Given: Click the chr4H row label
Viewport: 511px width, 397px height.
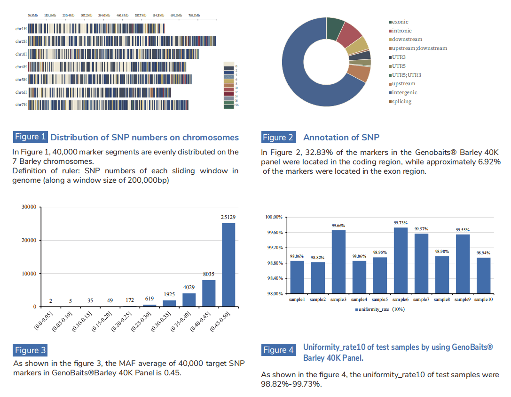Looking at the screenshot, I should (21, 67).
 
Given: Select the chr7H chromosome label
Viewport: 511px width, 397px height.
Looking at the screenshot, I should (21, 105).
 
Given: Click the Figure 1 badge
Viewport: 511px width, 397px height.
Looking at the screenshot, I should (30, 137).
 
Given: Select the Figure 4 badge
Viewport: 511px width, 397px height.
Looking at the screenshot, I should (278, 349).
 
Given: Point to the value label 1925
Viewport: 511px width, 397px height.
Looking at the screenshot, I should (169, 294).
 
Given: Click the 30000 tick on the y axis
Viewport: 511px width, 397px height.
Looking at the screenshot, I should (29, 207).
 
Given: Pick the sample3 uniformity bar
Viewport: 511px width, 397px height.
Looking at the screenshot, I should (338, 262).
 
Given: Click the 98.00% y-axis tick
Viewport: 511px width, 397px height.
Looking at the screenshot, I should (274, 293).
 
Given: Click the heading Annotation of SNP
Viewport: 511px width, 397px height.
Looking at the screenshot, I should (341, 138).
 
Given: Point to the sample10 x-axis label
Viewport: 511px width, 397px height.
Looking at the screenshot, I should (483, 300).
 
